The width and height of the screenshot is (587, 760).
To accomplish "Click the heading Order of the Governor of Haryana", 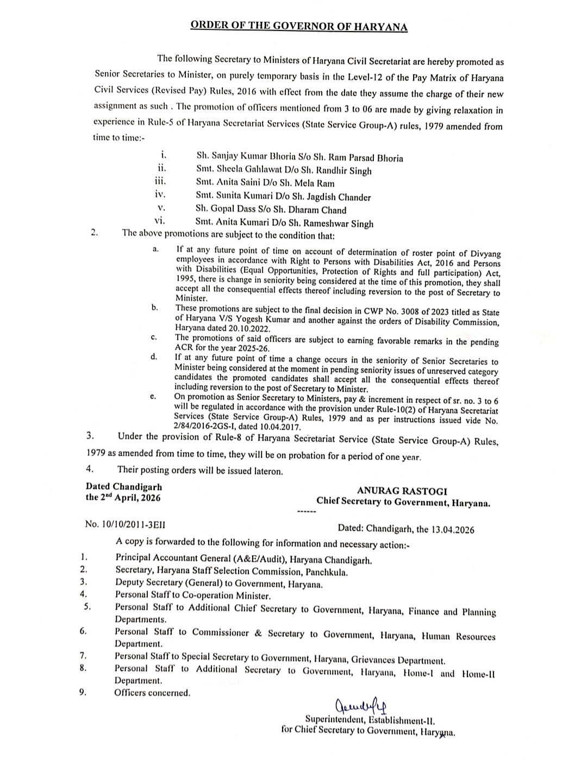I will (299, 27).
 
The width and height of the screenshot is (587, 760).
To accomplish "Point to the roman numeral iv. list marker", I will (160, 194).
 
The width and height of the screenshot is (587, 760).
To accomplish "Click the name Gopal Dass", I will (231, 210).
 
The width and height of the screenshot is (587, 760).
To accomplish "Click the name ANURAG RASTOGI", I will (402, 491).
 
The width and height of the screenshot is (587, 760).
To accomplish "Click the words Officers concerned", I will (152, 693).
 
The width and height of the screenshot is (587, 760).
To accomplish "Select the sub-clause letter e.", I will (154, 397).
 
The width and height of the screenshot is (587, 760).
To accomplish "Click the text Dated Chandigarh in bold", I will (123, 487).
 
